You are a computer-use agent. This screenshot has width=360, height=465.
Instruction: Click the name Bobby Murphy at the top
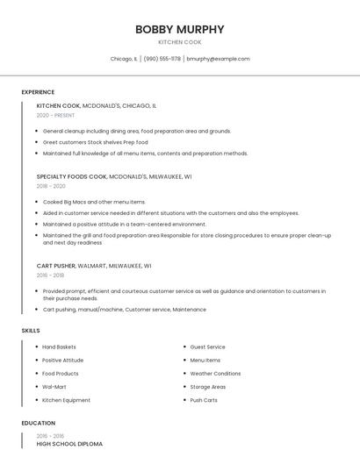pos(179,29)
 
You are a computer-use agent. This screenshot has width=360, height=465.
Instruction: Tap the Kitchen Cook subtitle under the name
pos(179,42)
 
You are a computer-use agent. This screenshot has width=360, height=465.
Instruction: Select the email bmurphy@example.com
pos(218,59)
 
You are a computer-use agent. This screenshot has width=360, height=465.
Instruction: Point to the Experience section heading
pos(38,92)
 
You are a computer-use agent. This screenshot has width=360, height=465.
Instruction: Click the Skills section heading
pos(31,330)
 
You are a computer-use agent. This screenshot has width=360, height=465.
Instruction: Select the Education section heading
pos(38,423)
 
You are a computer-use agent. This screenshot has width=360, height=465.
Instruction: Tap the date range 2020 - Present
pos(55,115)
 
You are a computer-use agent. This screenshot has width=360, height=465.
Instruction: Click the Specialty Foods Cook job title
pos(76,176)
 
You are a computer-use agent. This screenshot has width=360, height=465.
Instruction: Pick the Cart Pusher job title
pos(56,265)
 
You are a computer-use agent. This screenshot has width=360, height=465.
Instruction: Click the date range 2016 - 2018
pos(51,275)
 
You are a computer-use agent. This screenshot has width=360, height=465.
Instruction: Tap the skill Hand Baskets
pos(59,347)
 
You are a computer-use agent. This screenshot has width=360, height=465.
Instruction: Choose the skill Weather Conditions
pos(215,374)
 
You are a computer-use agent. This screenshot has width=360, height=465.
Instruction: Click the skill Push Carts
pos(204,400)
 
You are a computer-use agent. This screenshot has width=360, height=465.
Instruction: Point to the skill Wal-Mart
pos(54,387)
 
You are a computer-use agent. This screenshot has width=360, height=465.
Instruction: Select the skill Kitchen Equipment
pos(66,400)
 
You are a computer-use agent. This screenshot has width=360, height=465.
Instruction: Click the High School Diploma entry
pos(69,444)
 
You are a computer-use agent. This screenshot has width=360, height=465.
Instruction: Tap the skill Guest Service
pos(207,347)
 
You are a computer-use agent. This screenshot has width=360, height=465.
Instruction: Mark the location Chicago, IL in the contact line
pos(124,59)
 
